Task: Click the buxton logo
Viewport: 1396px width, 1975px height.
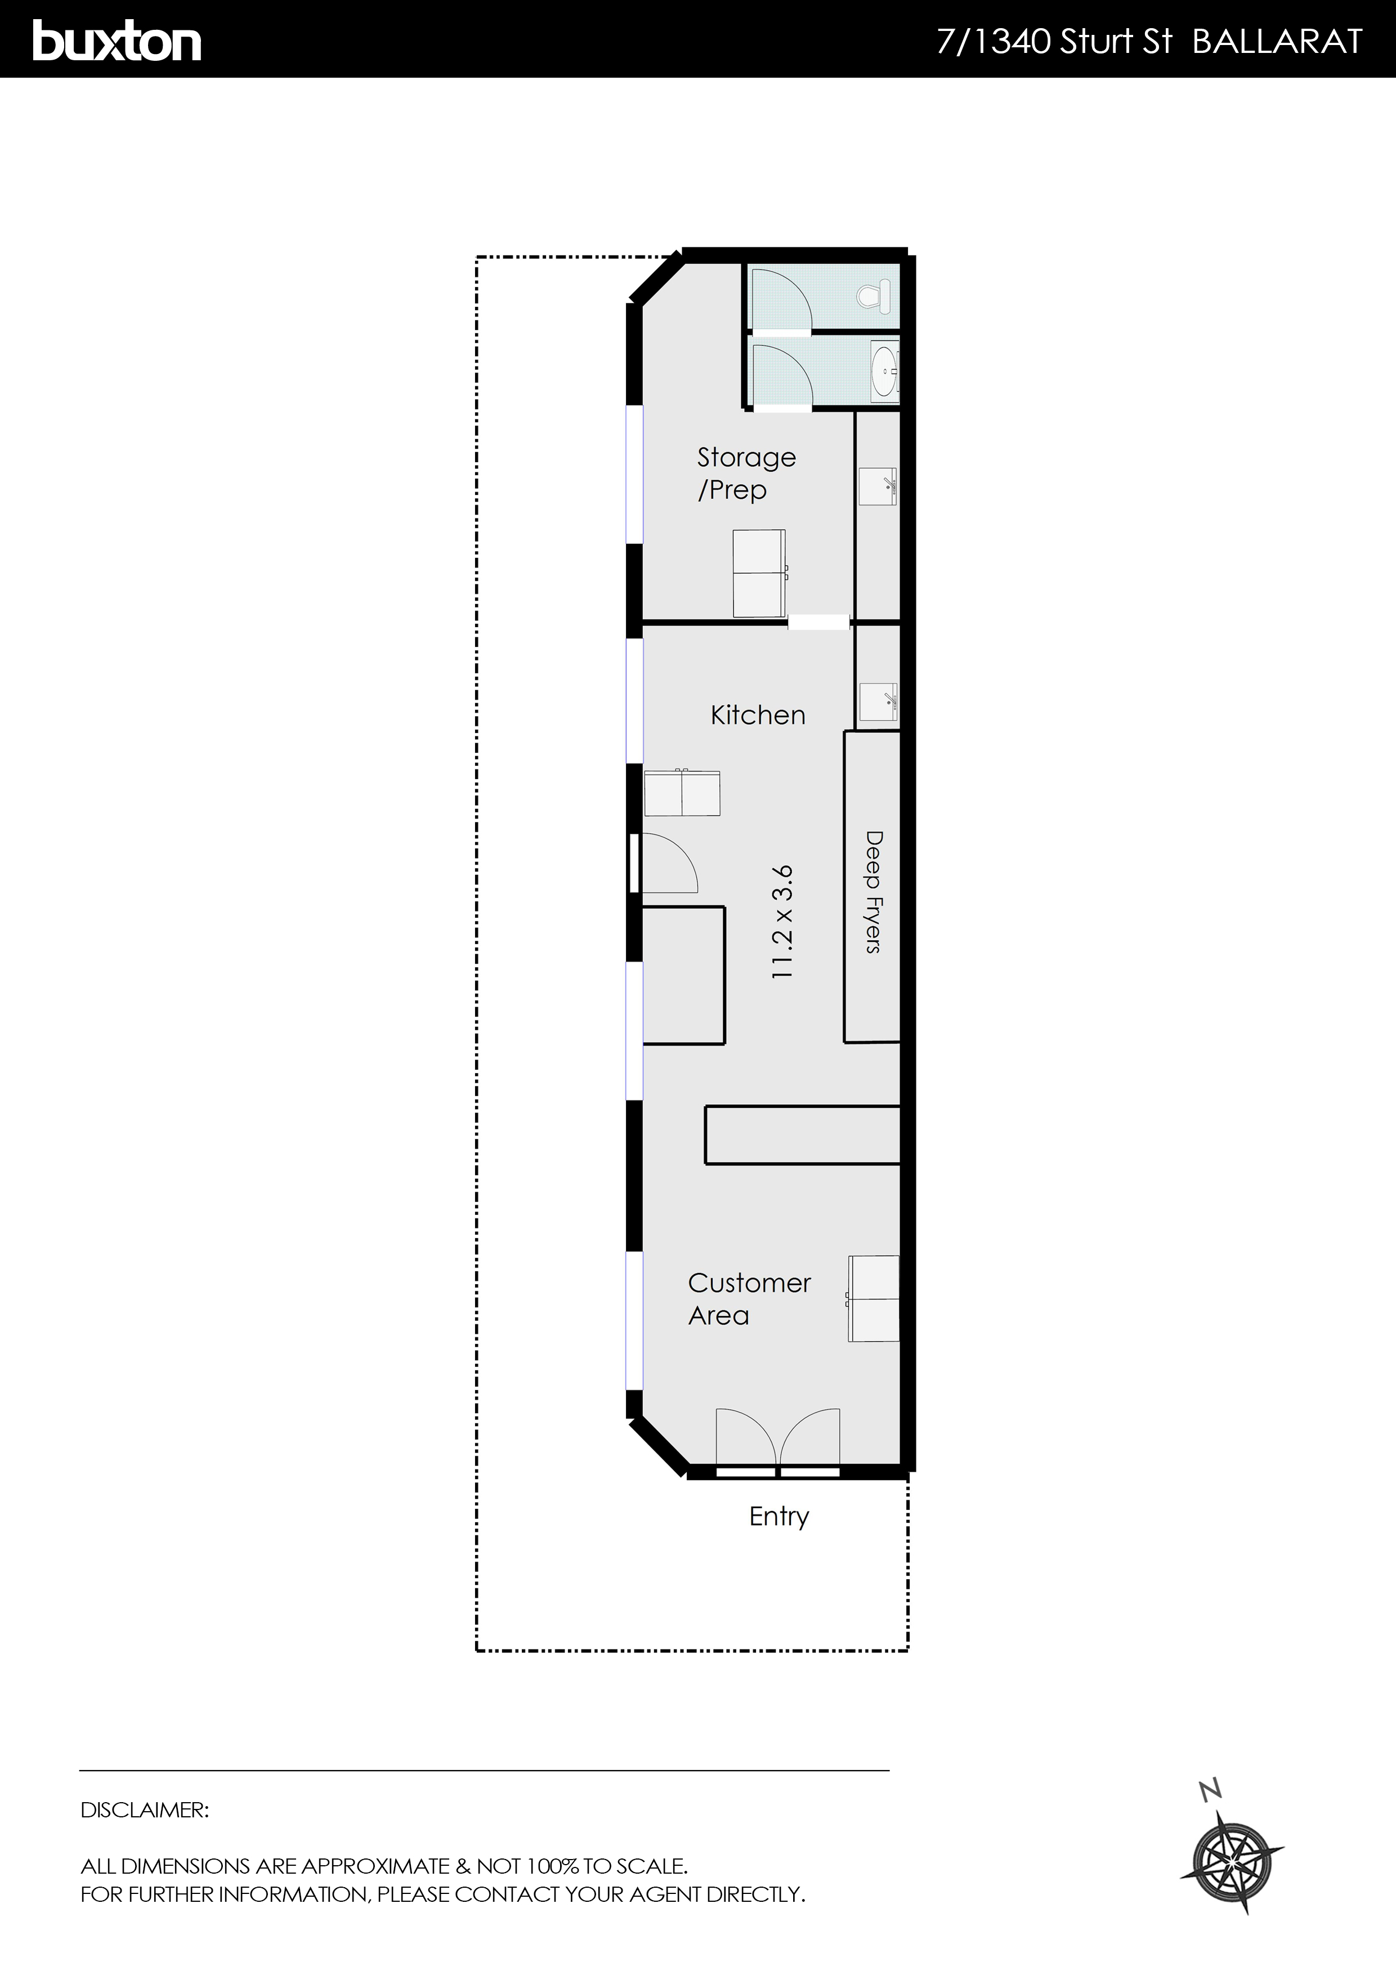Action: click(x=117, y=41)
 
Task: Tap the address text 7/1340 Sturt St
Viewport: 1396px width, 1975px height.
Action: click(x=1054, y=41)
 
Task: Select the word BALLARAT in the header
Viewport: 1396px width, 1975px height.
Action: click(x=1277, y=41)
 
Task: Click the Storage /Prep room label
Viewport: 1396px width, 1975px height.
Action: click(x=745, y=473)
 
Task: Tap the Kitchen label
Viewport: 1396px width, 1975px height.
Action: click(x=758, y=715)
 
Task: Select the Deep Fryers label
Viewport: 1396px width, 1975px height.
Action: click(x=873, y=891)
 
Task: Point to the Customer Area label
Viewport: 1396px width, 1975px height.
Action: click(x=748, y=1298)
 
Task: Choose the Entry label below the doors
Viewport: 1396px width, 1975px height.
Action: click(x=778, y=1516)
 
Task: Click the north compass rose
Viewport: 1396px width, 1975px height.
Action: click(x=1232, y=1862)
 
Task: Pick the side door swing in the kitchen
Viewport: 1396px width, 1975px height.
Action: click(x=666, y=863)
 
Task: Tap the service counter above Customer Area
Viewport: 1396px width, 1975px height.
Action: click(x=802, y=1136)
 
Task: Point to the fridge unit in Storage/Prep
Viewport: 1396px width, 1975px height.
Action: click(x=759, y=573)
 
